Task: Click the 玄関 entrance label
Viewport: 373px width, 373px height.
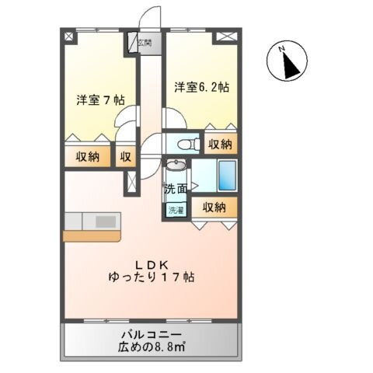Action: point(145,44)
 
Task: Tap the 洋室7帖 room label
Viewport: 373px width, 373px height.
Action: point(101,100)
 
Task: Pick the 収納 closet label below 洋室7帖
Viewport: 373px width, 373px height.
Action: point(87,156)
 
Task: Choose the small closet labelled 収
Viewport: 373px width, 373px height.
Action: point(125,156)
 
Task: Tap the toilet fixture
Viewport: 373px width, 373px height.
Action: point(183,145)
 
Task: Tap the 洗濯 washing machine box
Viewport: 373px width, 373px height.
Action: point(176,209)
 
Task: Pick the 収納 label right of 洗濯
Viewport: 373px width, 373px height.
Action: point(214,207)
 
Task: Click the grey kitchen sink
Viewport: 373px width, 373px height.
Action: point(104,221)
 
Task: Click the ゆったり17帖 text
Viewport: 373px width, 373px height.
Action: point(150,277)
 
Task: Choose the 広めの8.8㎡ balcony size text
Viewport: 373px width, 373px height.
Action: point(152,347)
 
